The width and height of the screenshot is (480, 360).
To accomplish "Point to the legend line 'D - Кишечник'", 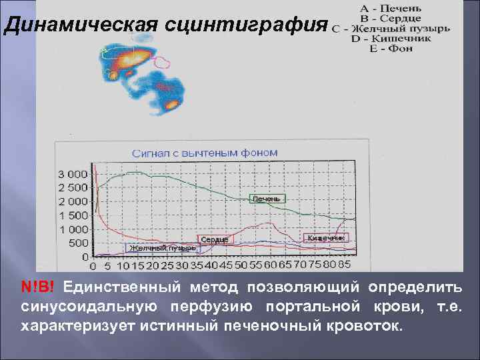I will pyautogui.click(x=392, y=39).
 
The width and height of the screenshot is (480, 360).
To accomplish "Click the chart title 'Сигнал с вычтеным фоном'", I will pyautogui.click(x=204, y=153).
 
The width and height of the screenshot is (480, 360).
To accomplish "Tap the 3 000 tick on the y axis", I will pyautogui.click(x=73, y=173).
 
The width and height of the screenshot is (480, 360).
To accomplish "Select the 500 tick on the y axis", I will pyautogui.click(x=78, y=243).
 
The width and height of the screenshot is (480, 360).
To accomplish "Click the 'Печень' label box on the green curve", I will pyautogui.click(x=267, y=199).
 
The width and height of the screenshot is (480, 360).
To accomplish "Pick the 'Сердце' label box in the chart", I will pyautogui.click(x=215, y=239).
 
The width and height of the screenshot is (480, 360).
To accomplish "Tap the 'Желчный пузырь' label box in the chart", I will pyautogui.click(x=163, y=248).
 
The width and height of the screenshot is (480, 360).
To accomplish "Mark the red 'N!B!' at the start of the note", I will pyautogui.click(x=39, y=287).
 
